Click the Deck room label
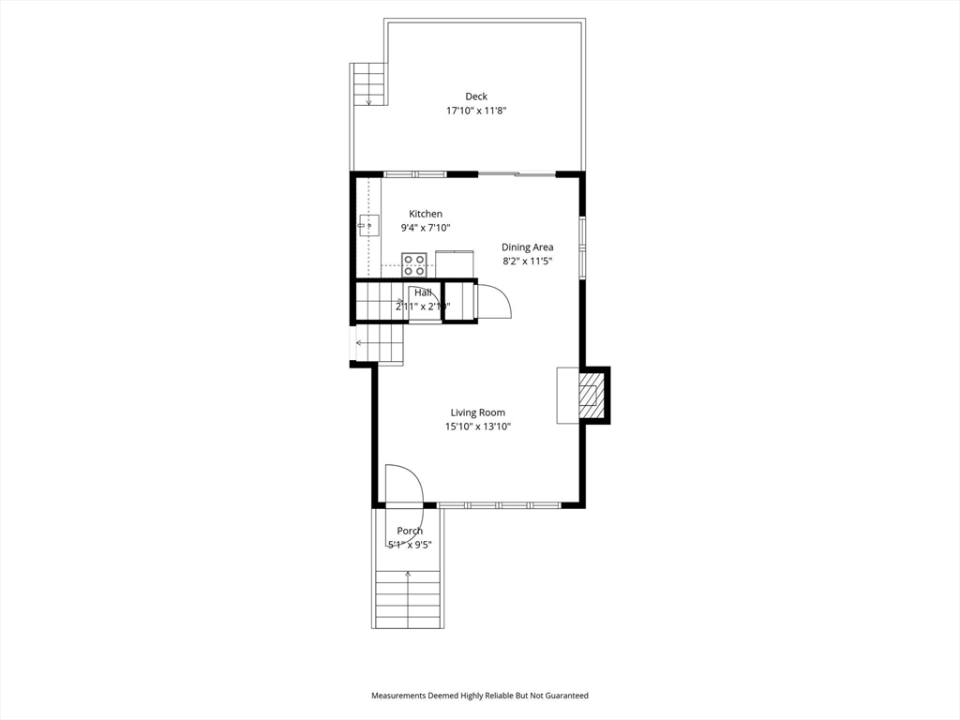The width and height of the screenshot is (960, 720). [476, 96]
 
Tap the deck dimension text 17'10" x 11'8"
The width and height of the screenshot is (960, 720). [476, 111]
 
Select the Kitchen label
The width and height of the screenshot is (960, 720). [425, 214]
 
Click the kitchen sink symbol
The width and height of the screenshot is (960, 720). [368, 225]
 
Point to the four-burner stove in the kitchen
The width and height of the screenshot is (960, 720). [414, 264]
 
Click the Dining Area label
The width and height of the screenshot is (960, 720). [527, 247]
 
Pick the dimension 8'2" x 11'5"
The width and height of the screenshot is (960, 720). [527, 262]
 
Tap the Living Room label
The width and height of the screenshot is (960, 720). [477, 412]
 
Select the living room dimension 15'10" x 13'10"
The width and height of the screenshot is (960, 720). [477, 427]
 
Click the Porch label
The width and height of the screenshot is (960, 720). [410, 531]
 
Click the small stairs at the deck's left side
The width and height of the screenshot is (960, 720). [368, 83]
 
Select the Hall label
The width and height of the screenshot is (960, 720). [423, 292]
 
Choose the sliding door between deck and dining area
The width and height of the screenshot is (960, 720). [517, 174]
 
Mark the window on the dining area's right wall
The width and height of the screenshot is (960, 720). [582, 247]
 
